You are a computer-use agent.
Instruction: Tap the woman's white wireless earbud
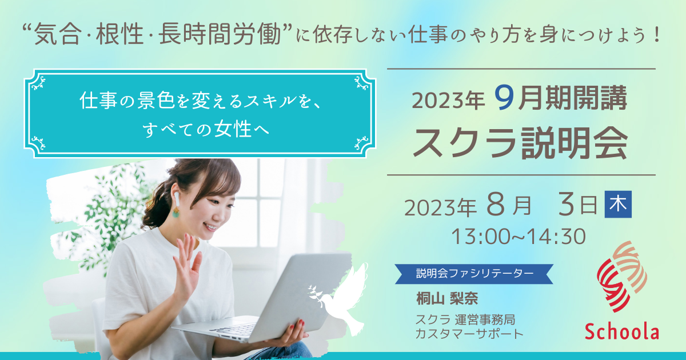click(x=177, y=198)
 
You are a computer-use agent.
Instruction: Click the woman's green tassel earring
click(x=176, y=212)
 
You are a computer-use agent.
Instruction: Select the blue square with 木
click(x=618, y=204)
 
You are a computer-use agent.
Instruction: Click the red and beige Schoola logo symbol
click(x=622, y=276)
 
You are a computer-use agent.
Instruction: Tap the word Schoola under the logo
click(x=622, y=331)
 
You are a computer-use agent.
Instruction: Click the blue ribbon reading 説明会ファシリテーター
click(x=474, y=274)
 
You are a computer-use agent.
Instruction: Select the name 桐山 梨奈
click(x=447, y=298)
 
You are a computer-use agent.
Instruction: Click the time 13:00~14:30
click(x=519, y=237)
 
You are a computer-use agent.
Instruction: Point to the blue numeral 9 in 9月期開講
click(x=504, y=98)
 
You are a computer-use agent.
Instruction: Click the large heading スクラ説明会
click(x=521, y=143)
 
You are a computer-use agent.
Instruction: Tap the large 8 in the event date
click(x=496, y=204)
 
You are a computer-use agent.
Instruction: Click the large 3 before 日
click(x=566, y=204)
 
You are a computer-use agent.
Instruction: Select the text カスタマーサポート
click(x=469, y=334)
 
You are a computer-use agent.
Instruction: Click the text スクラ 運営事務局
click(x=465, y=319)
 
